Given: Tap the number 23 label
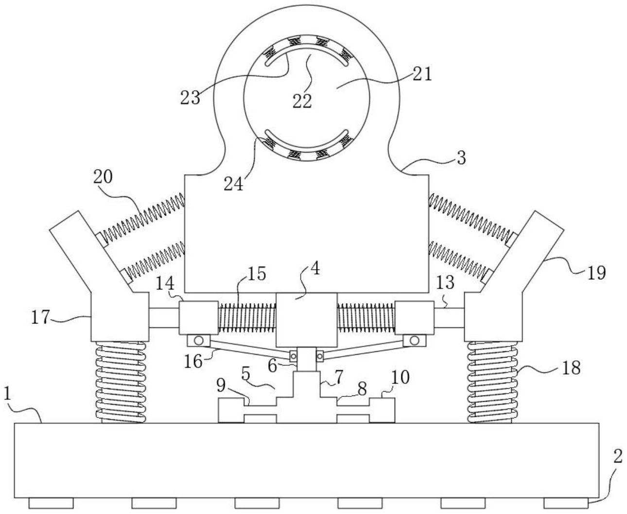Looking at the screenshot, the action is [x=190, y=98].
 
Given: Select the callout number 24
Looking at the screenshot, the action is [x=233, y=184].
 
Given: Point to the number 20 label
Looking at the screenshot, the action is [x=103, y=177].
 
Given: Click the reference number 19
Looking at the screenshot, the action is [x=596, y=273].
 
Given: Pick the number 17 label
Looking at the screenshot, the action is [x=40, y=317].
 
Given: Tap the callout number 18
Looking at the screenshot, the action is [x=571, y=368].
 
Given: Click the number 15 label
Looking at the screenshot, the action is [x=257, y=274].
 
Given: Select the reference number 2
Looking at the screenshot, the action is [x=618, y=457].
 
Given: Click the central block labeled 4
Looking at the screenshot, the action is [x=307, y=320].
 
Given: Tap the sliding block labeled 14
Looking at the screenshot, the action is [x=199, y=318].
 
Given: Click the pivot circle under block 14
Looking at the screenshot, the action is [x=198, y=340].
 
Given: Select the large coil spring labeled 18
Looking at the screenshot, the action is [x=493, y=382].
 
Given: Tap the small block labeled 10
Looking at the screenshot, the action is [x=382, y=411].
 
